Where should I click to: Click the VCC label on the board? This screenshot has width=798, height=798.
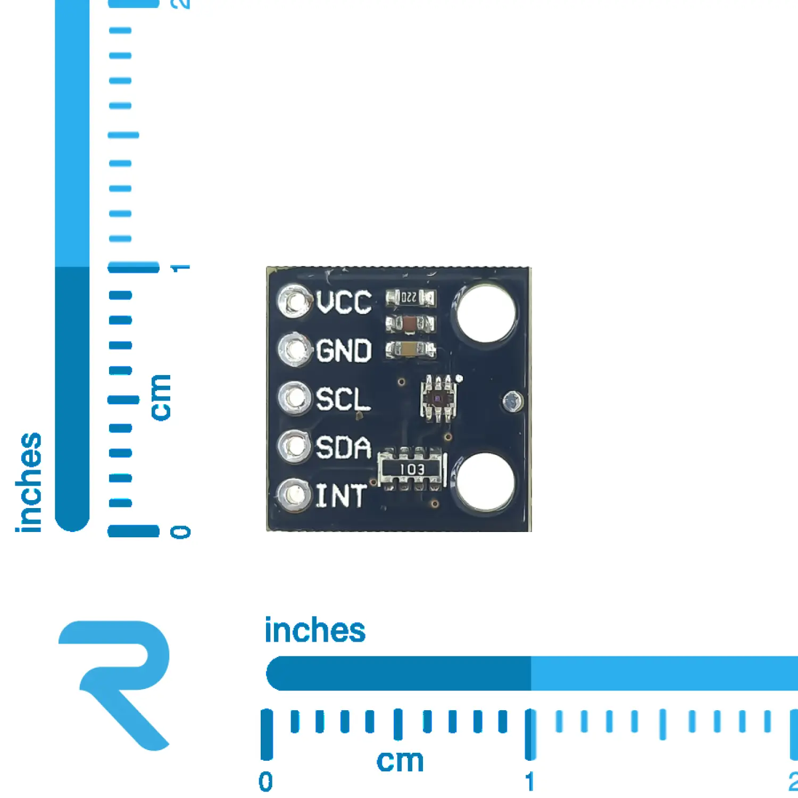coord(344,302)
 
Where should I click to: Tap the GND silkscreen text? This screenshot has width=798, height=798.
coord(344,351)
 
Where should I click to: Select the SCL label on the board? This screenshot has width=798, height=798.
coord(343,399)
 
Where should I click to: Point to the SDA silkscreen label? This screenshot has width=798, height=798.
coord(344,447)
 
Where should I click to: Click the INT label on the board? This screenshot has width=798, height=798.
coord(341,496)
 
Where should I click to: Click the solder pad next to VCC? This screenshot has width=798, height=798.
coord(294,302)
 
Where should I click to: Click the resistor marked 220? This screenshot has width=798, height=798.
coord(410,298)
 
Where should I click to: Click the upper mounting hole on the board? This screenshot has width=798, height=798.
coord(486,313)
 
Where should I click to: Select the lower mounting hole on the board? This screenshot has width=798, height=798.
coord(485,482)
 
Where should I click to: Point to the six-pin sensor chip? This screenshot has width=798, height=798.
coord(438,398)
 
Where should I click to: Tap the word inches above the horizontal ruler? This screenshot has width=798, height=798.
coord(315,630)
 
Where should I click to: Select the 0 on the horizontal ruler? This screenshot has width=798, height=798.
coord(265,782)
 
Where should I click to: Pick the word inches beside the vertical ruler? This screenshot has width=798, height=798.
coord(29,482)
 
